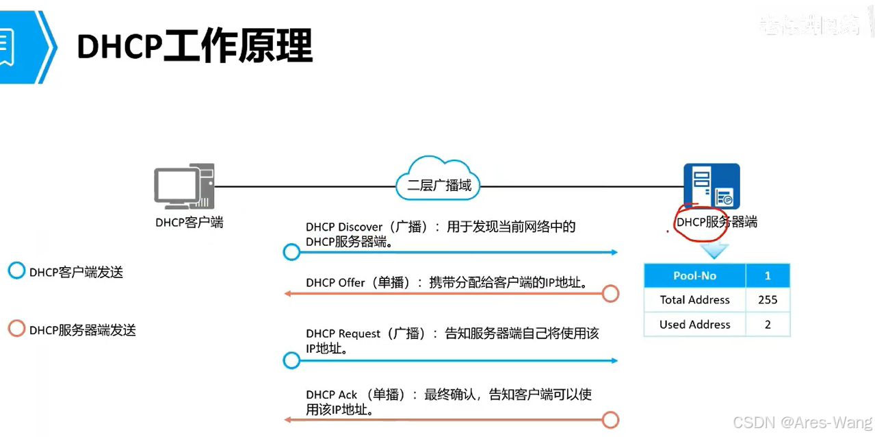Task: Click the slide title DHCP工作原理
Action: [x=194, y=47]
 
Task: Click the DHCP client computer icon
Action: [x=184, y=186]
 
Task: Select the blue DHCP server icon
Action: [x=711, y=186]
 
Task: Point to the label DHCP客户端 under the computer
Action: [x=189, y=222]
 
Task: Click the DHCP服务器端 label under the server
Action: [x=716, y=222]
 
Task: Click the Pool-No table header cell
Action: [x=694, y=275]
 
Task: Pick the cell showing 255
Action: [x=768, y=300]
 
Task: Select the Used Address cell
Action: [x=694, y=325]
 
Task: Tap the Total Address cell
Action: [x=694, y=300]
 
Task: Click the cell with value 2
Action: [x=768, y=325]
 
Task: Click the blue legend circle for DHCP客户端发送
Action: [x=16, y=271]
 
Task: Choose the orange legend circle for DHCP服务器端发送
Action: [x=16, y=329]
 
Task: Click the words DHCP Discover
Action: [x=344, y=227]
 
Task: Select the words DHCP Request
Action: [x=343, y=334]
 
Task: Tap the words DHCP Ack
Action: [x=332, y=395]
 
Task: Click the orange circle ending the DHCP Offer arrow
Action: [x=610, y=294]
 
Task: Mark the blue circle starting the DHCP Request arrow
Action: [x=292, y=361]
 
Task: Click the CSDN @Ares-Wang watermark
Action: [x=802, y=423]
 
